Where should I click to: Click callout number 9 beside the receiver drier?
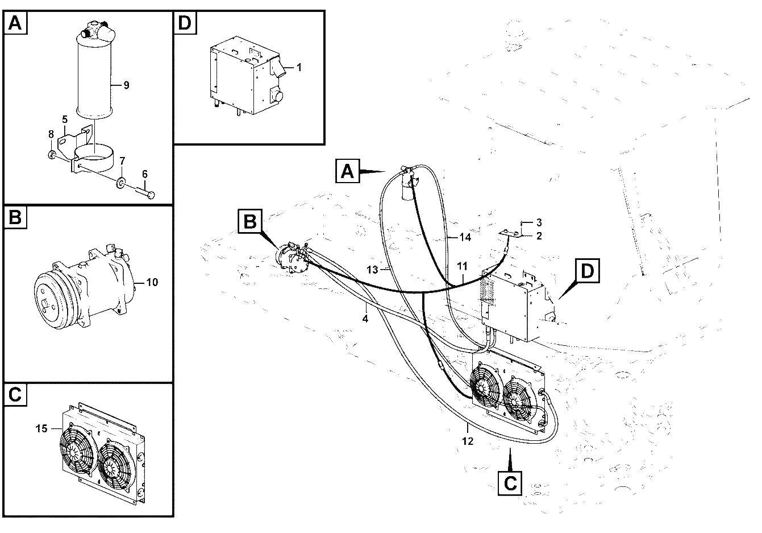tap(127, 85)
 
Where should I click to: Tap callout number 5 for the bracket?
tap(65, 119)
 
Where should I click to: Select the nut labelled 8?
tap(52, 155)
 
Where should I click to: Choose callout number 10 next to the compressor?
tap(152, 282)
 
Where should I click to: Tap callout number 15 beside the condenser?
tap(41, 428)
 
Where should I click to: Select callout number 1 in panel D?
tap(299, 68)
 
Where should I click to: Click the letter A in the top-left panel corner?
tap(15, 23)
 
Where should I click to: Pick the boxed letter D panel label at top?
tap(185, 23)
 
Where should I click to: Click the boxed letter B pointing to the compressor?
tap(250, 221)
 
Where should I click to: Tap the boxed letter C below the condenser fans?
tap(510, 483)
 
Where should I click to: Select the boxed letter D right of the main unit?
tap(588, 271)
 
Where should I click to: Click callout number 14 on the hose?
tap(465, 237)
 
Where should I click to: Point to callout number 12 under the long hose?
tap(468, 441)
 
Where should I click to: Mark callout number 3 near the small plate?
tap(539, 222)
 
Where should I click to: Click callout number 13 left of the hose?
tap(372, 270)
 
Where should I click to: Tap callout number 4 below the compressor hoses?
tap(365, 319)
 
